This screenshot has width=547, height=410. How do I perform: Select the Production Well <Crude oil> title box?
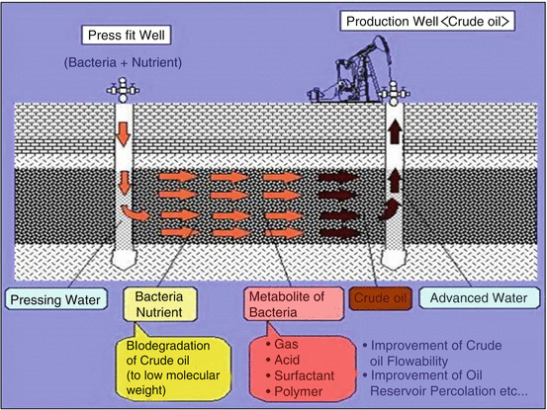[428, 19]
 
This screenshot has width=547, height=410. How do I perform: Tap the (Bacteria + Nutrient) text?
[125, 64]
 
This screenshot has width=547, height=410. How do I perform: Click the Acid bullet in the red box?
[286, 362]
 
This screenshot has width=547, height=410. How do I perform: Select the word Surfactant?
[302, 376]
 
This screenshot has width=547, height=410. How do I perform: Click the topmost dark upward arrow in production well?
[394, 135]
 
